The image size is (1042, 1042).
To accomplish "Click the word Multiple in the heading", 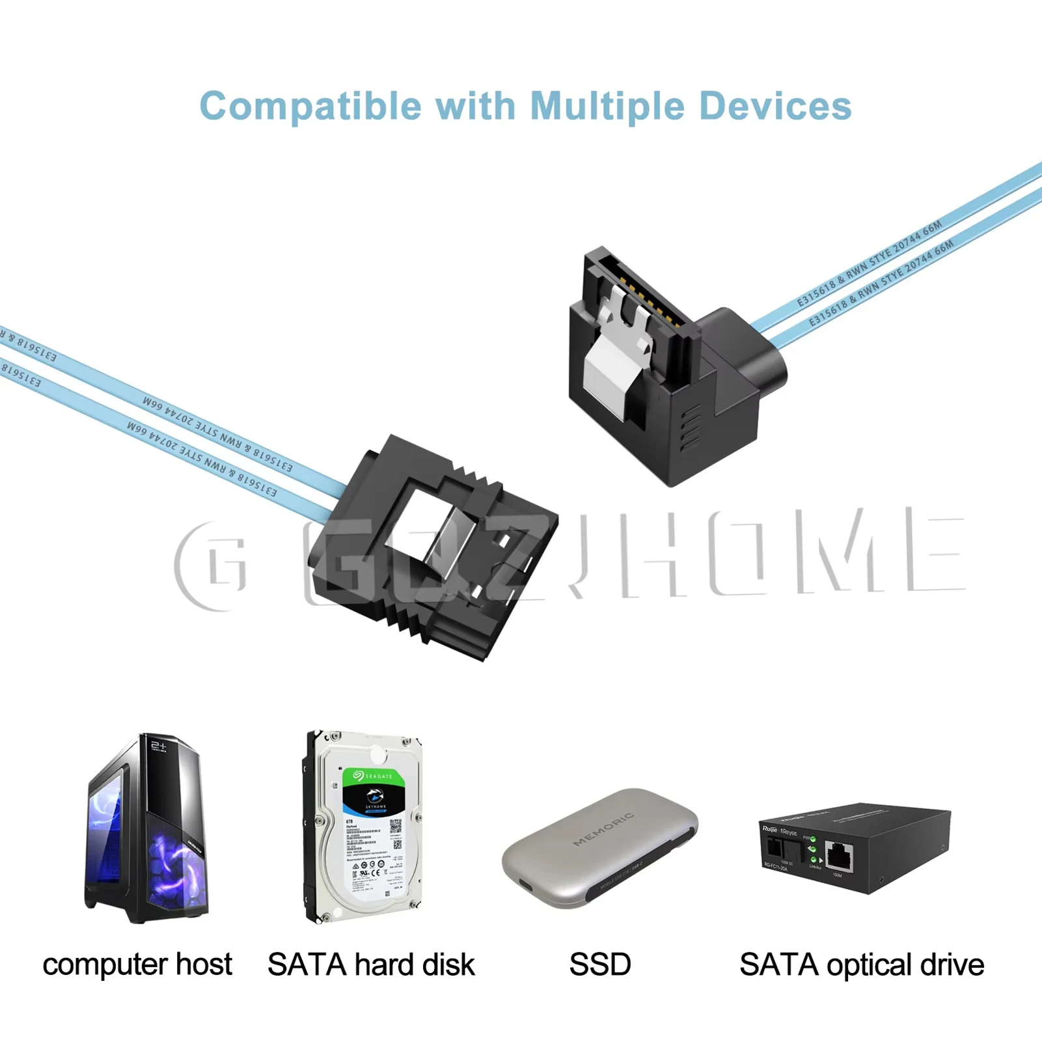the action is click(607, 106).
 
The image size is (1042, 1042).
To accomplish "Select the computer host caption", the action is click(137, 964).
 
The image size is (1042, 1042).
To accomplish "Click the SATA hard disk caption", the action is click(371, 965).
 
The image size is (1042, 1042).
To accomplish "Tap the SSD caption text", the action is click(599, 965).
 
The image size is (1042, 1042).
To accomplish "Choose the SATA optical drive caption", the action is click(861, 965).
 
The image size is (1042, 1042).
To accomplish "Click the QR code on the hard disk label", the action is click(396, 827).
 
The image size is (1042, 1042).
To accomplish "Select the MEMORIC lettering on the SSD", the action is click(603, 829).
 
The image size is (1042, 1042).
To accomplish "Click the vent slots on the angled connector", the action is click(690, 426).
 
